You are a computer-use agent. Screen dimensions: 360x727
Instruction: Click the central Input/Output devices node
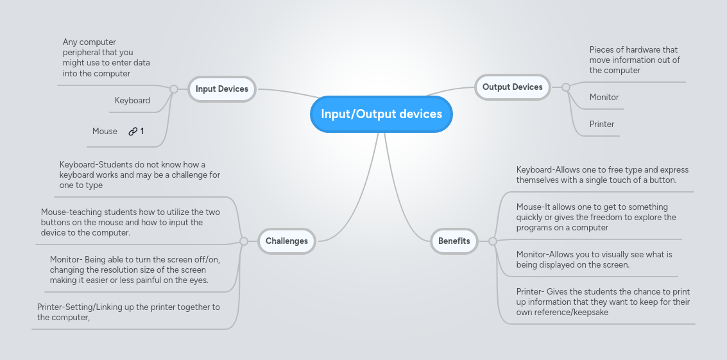[381, 114]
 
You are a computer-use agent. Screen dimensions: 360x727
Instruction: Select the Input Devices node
[221, 89]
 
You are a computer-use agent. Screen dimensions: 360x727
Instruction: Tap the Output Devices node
[512, 87]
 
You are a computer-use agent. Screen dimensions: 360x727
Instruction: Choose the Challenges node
[286, 241]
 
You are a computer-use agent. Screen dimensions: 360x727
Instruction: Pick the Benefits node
[454, 241]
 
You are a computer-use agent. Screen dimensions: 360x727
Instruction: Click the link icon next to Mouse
[133, 132]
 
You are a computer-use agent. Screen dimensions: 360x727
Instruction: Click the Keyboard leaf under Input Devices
[132, 101]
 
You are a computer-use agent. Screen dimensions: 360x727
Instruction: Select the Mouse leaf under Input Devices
[105, 132]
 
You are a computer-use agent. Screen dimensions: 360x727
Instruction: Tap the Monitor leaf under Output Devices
[604, 98]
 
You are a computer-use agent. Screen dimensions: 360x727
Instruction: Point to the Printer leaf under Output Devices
[601, 124]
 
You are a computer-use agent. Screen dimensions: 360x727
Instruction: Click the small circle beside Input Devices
[173, 89]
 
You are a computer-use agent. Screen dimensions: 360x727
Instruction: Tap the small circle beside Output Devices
[565, 87]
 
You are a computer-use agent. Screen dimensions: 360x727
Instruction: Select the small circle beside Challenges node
[243, 241]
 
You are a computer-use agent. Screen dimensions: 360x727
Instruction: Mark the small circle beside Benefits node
[493, 241]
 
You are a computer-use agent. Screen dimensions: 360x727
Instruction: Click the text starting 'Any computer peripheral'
[106, 58]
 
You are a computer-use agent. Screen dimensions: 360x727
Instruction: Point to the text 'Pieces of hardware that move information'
[634, 60]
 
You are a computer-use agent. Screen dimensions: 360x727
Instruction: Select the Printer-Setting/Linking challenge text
[128, 312]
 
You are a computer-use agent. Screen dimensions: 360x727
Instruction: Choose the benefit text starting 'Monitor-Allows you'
[594, 259]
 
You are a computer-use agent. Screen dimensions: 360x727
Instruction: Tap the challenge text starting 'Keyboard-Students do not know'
[139, 175]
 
